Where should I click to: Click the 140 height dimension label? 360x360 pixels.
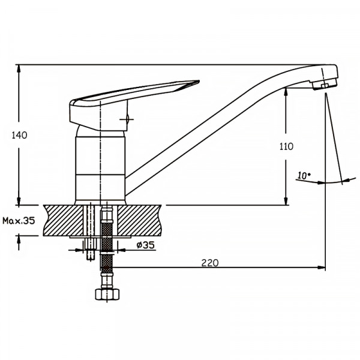click(x=20, y=135)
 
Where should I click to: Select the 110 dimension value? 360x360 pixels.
click(x=286, y=146)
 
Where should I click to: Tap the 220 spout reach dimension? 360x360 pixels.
click(x=210, y=263)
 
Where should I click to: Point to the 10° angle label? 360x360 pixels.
click(x=304, y=175)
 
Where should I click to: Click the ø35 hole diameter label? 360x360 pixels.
click(x=146, y=245)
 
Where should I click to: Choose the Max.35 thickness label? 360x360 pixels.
click(x=19, y=221)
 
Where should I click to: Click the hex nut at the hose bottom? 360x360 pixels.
click(x=107, y=294)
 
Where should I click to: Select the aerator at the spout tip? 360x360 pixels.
click(x=324, y=84)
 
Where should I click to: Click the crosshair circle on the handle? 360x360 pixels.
click(x=127, y=119)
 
